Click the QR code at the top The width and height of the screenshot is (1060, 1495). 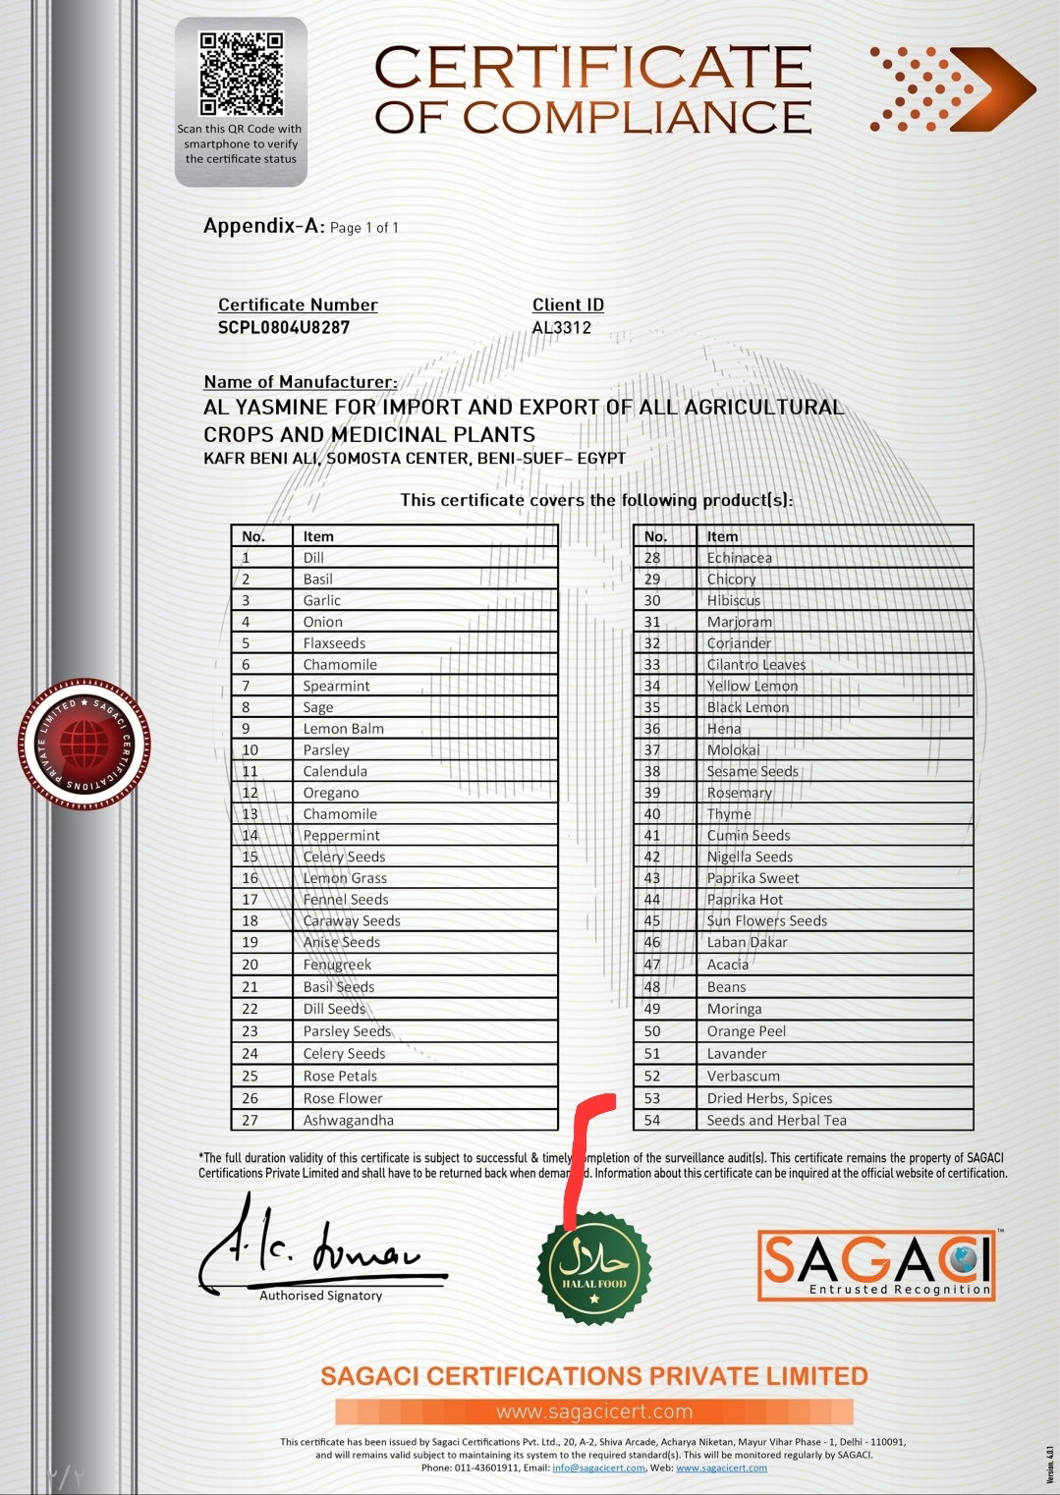click(x=241, y=74)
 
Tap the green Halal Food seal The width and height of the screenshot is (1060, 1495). click(x=594, y=1267)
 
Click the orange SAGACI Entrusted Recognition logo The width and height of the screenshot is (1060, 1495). click(x=876, y=1265)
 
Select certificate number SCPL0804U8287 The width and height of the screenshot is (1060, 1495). click(x=284, y=328)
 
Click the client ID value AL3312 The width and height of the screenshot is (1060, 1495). click(x=562, y=328)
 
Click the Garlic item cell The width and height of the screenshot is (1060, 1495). click(x=322, y=600)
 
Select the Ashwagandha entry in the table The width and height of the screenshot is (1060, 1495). click(x=348, y=1120)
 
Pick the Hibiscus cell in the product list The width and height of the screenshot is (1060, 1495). click(x=734, y=600)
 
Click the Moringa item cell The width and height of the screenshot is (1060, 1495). click(x=734, y=1009)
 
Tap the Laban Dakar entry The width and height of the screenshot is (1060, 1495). click(x=747, y=942)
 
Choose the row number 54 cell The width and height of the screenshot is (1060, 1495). click(x=653, y=1120)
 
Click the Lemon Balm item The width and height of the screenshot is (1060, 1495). click(x=343, y=729)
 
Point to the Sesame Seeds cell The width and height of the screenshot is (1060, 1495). click(x=753, y=771)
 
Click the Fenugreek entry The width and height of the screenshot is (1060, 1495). click(x=337, y=965)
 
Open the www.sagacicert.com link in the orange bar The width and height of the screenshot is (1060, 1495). click(x=594, y=1412)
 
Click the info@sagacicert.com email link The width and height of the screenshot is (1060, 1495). click(x=598, y=1467)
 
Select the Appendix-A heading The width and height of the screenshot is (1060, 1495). click(x=263, y=226)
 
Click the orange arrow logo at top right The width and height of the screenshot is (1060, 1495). click(x=951, y=89)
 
